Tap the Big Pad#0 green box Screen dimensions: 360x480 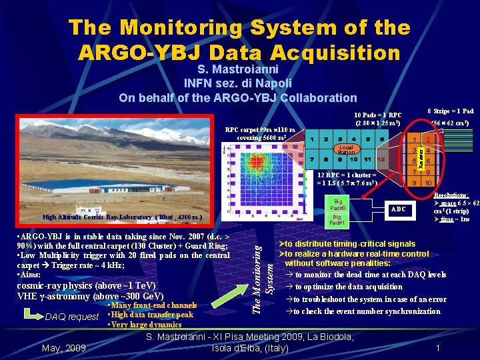coord(339,203)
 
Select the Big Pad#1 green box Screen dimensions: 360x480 coord(339,220)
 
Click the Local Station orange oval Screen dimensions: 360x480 coord(346,149)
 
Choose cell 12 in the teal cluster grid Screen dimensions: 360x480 coord(380,160)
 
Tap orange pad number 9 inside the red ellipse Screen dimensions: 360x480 coord(414,183)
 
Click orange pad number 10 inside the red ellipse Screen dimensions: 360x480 coord(429,183)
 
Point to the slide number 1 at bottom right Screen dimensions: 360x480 coord(437,348)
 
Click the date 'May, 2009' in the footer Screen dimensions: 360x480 coord(63,348)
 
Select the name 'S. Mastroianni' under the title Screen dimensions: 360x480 coord(238,69)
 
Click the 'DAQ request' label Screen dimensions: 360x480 coord(71,317)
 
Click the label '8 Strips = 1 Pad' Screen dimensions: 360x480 coord(450,111)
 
